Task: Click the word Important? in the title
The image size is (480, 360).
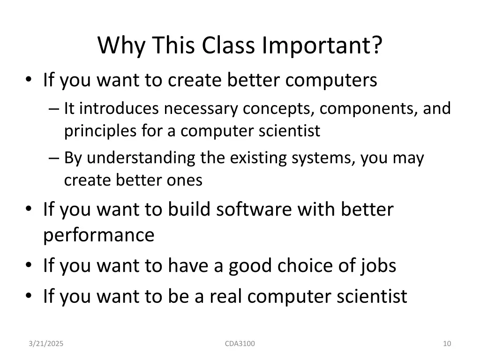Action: [322, 45]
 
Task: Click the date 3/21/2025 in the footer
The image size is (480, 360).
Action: [46, 344]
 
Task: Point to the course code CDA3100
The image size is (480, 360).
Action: [240, 344]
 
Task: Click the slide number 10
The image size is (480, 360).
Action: [447, 344]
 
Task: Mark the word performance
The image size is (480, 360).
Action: [98, 235]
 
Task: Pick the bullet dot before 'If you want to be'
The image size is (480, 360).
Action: [30, 297]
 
